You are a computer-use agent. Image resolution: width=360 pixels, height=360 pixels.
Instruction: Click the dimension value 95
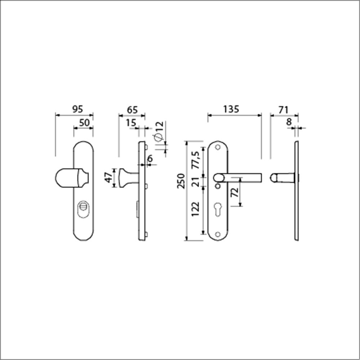77,109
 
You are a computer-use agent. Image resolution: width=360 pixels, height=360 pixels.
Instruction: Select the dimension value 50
84,123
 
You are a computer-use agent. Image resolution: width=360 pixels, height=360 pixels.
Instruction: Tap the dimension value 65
132,110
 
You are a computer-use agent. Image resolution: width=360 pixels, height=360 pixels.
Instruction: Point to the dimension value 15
131,123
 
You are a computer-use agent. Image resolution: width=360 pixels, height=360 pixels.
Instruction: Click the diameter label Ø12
159,131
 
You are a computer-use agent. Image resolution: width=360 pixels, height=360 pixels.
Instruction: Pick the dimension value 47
109,177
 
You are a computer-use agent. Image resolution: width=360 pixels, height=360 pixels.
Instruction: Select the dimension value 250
181,181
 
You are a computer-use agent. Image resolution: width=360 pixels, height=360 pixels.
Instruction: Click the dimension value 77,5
196,160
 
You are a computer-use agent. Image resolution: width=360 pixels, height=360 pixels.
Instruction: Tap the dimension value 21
196,182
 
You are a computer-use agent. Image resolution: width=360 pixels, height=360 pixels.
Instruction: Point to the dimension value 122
195,209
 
